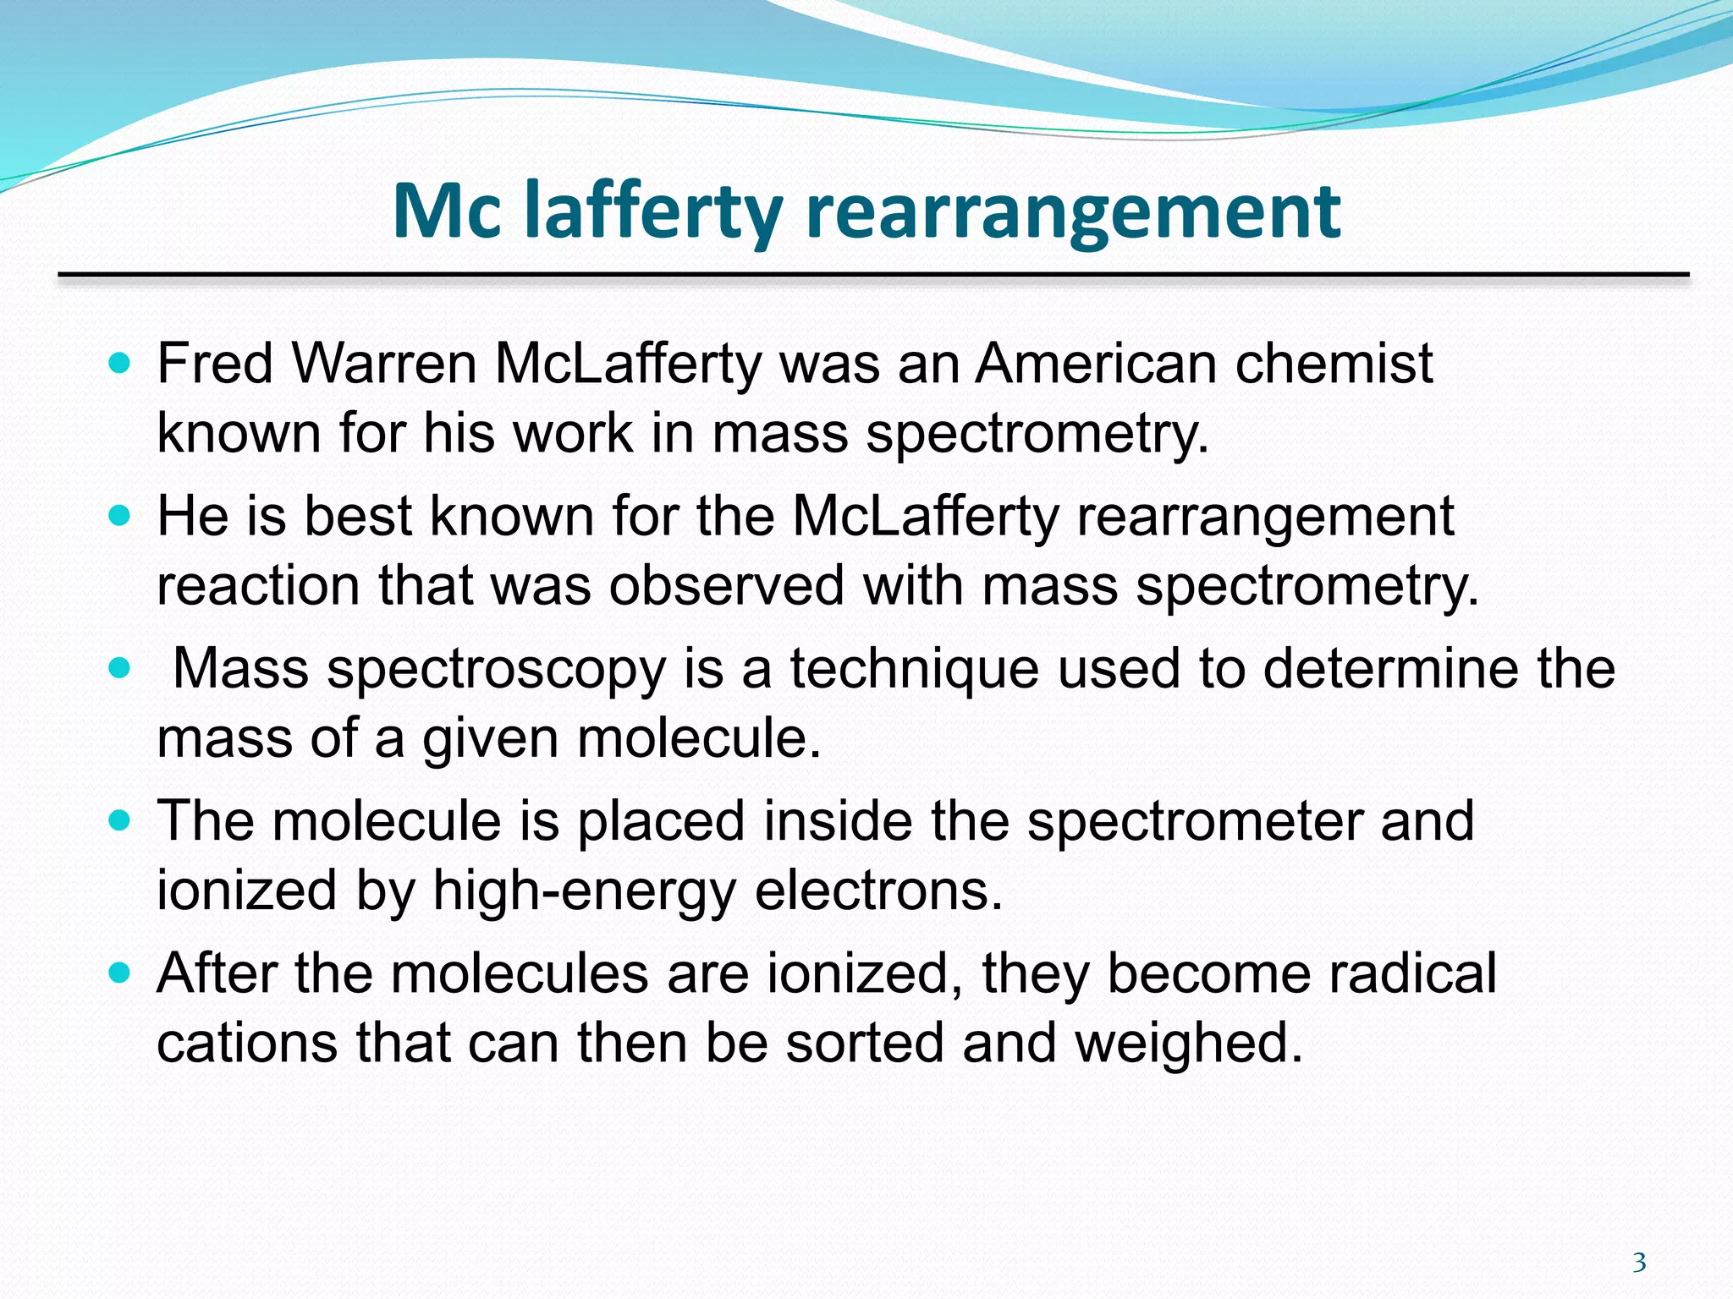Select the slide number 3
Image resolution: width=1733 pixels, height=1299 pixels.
tap(1639, 1263)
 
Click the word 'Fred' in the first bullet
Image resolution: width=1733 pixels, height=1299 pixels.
tap(215, 364)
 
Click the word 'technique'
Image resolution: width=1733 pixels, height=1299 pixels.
tap(914, 668)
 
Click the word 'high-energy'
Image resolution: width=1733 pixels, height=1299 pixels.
tap(585, 890)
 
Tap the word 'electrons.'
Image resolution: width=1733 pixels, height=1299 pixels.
tap(878, 890)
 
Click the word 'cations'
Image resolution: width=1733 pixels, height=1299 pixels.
tap(246, 1042)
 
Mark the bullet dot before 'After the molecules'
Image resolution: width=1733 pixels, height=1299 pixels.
tap(120, 973)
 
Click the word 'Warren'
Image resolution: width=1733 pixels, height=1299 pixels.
tap(384, 364)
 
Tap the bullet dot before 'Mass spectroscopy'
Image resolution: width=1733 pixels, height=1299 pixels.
tap(120, 668)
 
